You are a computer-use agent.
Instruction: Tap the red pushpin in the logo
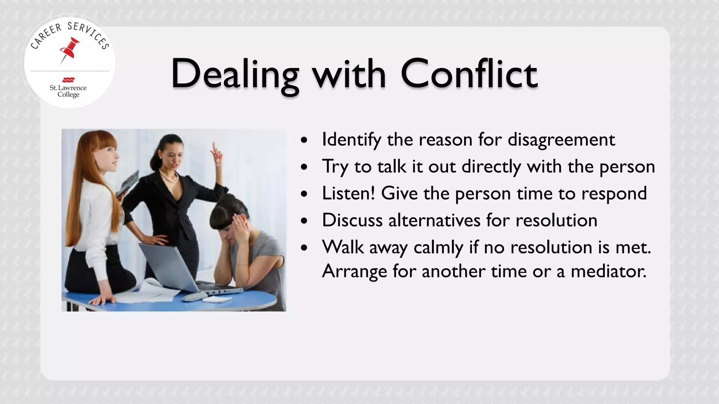click(x=69, y=49)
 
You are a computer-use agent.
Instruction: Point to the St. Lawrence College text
click(x=68, y=91)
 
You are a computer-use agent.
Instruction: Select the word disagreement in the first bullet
click(x=561, y=140)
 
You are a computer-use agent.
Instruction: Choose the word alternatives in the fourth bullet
click(x=435, y=220)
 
